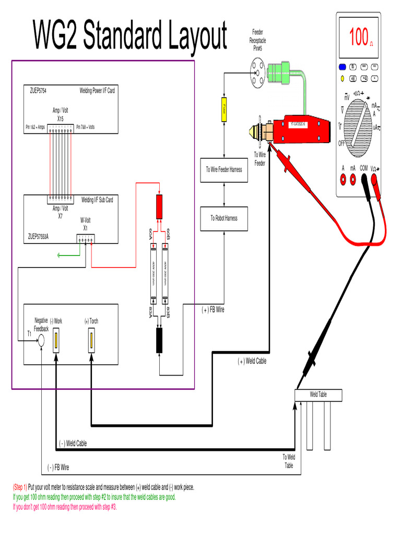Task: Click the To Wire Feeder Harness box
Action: (223, 169)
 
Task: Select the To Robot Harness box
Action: (223, 218)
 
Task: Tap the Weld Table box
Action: (318, 394)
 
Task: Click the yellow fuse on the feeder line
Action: (223, 110)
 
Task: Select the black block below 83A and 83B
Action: (160, 341)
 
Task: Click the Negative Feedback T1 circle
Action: (41, 341)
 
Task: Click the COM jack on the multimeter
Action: (363, 179)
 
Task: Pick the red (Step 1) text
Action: (20, 487)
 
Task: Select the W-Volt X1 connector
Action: (85, 240)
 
